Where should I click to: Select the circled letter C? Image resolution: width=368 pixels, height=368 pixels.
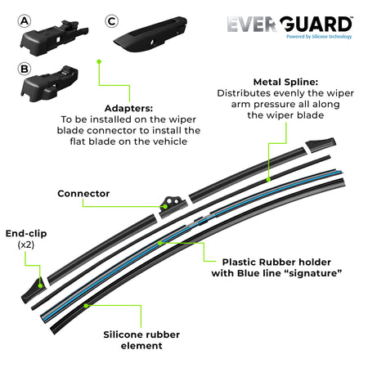pos(112,19)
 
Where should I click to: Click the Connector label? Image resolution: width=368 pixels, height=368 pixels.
pos(83,194)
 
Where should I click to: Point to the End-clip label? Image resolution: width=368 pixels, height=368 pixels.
pos(25,232)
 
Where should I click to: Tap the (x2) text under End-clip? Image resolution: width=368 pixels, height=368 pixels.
pos(25,245)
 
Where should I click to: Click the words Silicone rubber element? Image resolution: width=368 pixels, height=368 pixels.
pos(142,339)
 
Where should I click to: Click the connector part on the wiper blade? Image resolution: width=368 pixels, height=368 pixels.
pos(173,203)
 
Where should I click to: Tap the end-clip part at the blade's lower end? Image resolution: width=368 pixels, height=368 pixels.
pos(38,283)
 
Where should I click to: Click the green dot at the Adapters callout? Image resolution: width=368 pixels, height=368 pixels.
pos(99,61)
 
